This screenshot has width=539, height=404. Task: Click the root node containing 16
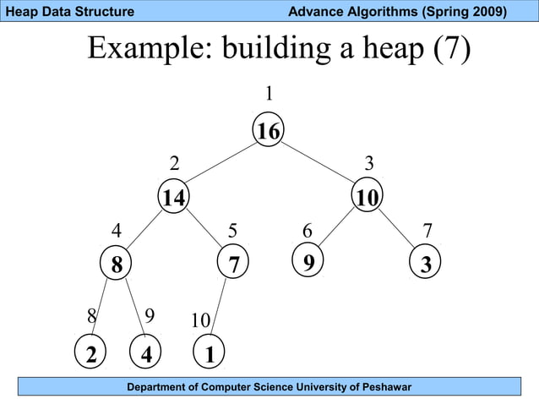269,131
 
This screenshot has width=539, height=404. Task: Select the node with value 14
174,198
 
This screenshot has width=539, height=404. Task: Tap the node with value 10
367,198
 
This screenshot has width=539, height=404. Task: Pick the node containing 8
116,265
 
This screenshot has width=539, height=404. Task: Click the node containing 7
233,265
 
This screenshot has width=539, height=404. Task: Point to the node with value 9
309,263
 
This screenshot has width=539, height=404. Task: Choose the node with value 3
426,265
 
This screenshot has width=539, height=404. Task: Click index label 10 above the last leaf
200,321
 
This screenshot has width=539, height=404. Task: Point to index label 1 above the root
269,92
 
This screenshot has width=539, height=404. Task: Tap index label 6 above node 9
308,231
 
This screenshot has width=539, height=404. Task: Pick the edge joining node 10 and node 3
397,230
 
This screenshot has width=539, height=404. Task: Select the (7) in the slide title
451,50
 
